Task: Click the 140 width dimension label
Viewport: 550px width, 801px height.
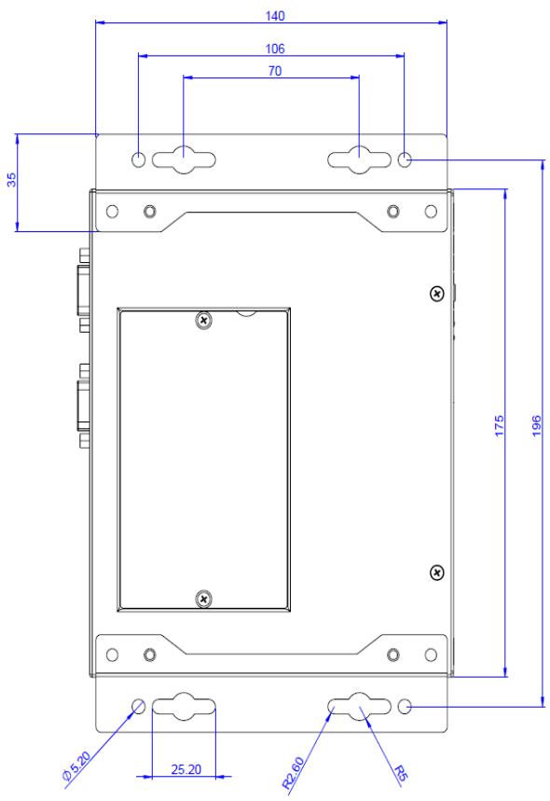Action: (x=275, y=16)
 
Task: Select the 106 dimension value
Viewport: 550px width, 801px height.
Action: (x=275, y=48)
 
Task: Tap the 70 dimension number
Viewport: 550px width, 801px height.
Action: (x=275, y=71)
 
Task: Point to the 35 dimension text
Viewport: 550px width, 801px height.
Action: (x=11, y=179)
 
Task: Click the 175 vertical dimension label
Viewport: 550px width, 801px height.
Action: (x=499, y=425)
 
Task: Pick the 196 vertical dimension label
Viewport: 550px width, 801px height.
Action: (x=536, y=425)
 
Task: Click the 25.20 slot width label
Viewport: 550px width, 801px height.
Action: (x=186, y=768)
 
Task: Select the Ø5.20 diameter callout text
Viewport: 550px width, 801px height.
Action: (x=76, y=766)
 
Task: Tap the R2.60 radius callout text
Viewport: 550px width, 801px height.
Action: (x=294, y=773)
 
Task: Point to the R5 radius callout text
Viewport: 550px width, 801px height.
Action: (x=400, y=774)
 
